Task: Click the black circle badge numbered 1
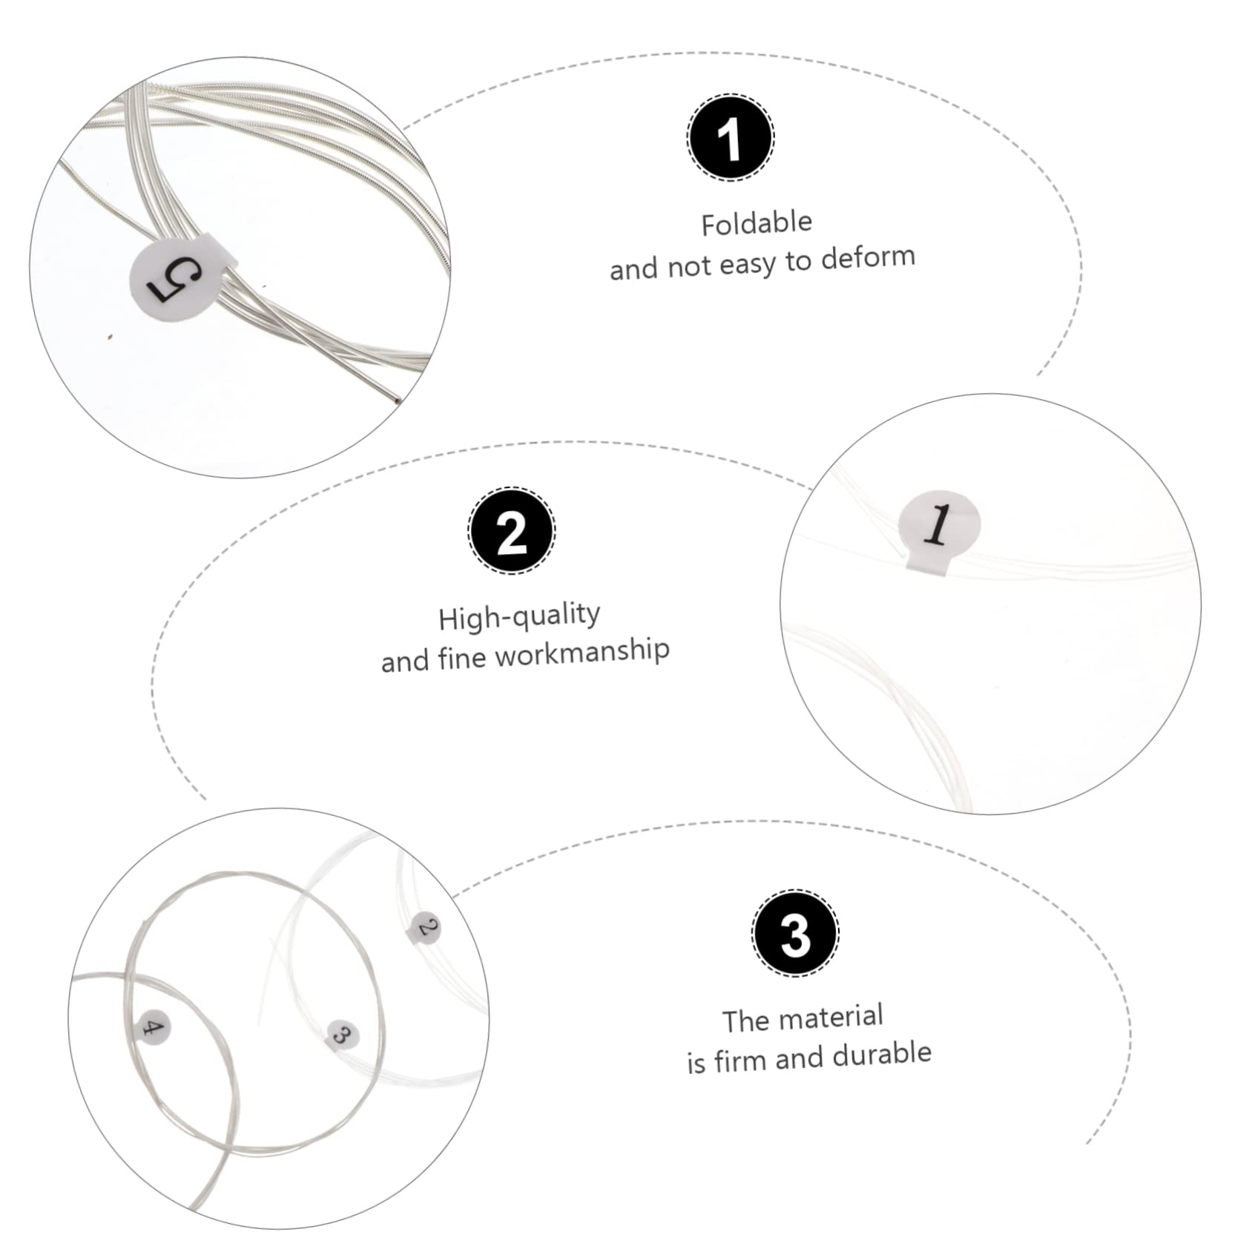[731, 138]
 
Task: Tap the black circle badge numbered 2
[512, 531]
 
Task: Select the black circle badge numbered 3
[795, 934]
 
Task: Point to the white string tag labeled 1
[939, 527]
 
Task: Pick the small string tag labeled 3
[342, 1033]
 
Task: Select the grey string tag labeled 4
[154, 1028]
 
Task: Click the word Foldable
[757, 223]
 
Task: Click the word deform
[868, 258]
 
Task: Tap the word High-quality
[518, 616]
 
